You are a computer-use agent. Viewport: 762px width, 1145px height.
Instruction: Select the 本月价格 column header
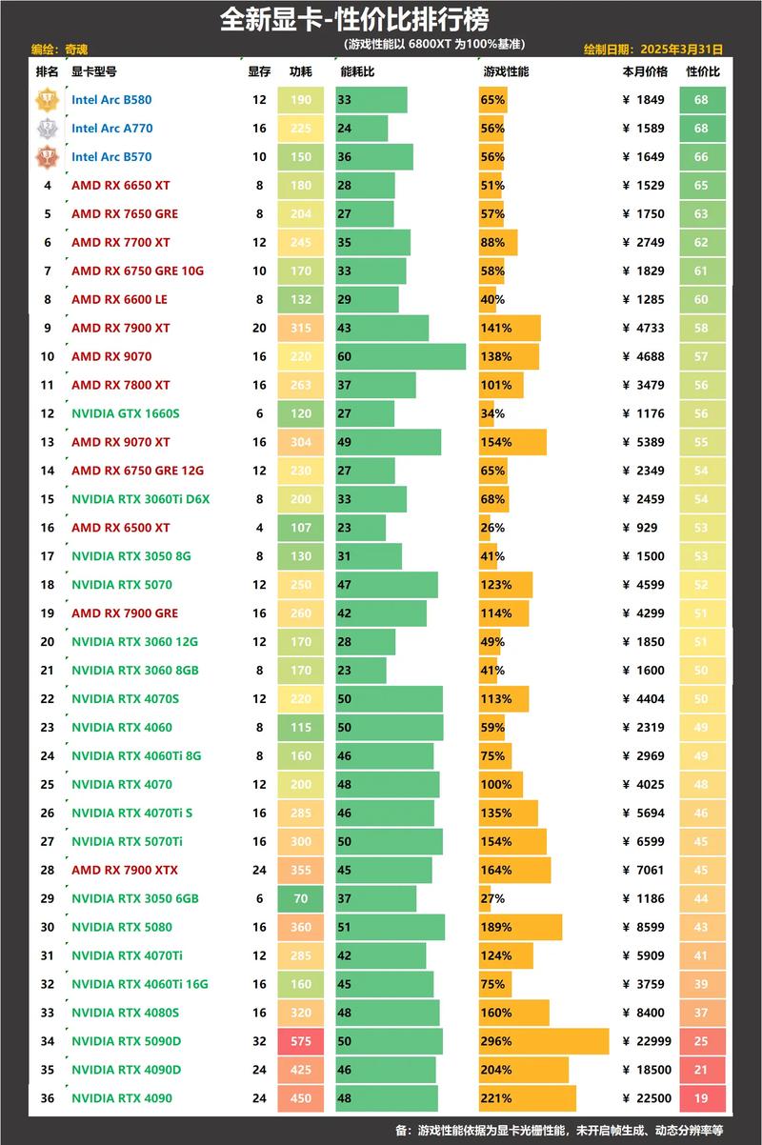pos(645,71)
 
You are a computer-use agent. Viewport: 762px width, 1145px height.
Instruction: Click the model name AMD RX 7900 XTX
pos(125,870)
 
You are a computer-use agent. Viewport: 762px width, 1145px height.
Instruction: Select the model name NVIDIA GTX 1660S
pos(125,413)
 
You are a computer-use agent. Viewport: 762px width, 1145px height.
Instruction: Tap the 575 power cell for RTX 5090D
pos(301,1041)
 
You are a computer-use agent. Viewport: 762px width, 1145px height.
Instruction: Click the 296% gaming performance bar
pos(543,1041)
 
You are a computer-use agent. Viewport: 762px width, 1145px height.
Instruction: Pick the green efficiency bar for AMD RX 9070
pos(400,356)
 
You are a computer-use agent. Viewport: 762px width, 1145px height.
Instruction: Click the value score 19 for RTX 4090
pos(702,1098)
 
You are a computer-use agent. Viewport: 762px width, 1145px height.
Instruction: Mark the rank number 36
pos(48,1098)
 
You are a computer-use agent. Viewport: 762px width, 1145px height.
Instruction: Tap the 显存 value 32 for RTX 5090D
pos(259,1041)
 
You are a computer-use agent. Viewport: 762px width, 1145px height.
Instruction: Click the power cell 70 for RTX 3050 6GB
pos(301,898)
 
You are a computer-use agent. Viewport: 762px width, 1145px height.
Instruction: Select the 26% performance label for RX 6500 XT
pos(493,528)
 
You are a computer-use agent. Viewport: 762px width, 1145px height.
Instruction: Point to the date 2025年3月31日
pos(682,49)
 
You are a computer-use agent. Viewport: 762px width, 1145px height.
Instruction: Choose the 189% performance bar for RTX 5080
pos(520,927)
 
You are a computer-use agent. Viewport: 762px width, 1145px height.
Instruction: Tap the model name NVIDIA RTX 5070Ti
pos(128,841)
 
